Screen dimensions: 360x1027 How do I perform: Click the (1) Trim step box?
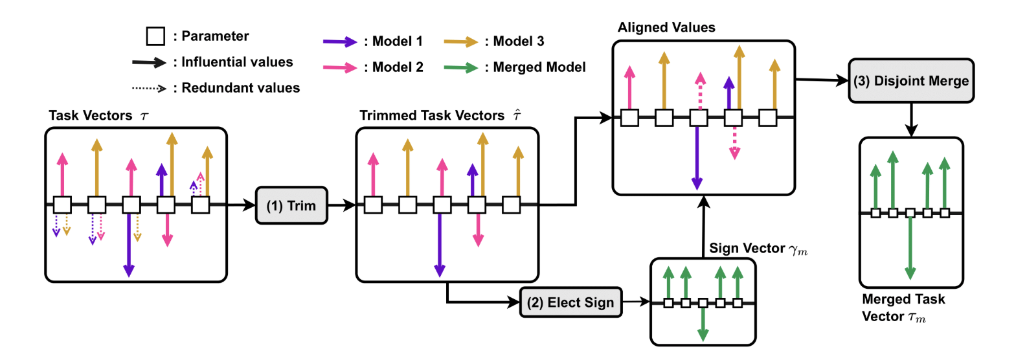(x=291, y=206)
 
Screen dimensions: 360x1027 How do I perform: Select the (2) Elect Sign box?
(x=570, y=302)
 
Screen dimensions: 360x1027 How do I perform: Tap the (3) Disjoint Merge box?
(x=911, y=81)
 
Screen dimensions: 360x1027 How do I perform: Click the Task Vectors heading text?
(x=91, y=116)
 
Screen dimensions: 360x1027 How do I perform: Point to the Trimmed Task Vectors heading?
(x=432, y=116)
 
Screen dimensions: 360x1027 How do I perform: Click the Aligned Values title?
(x=666, y=28)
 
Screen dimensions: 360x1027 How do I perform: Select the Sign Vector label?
(x=747, y=249)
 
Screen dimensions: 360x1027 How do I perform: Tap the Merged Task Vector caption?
(x=903, y=308)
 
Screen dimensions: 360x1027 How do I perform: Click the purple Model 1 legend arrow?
(x=340, y=42)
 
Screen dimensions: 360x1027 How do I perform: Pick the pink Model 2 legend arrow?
(x=340, y=68)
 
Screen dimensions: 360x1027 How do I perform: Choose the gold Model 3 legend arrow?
(x=460, y=42)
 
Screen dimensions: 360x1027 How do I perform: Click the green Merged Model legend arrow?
(x=460, y=68)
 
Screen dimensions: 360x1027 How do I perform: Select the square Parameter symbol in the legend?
(x=155, y=36)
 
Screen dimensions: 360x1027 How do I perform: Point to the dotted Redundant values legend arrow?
(x=149, y=88)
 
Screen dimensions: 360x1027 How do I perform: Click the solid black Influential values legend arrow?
(x=149, y=62)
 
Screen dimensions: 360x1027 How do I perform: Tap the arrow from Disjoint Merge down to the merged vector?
(x=911, y=120)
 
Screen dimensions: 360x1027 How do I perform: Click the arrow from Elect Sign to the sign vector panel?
(x=636, y=302)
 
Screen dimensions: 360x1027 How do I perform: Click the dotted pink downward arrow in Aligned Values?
(x=734, y=142)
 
